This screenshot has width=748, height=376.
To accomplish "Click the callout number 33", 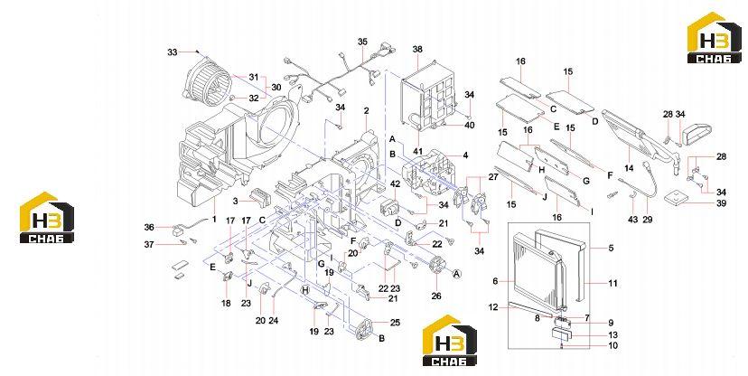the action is tap(172, 52).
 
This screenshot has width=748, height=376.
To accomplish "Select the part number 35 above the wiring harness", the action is tap(362, 42).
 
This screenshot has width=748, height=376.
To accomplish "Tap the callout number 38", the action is tap(417, 49).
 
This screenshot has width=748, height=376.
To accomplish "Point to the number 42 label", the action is tap(395, 184).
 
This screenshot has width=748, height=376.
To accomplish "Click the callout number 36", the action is tap(149, 228).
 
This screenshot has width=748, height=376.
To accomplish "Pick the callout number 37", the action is tap(149, 244).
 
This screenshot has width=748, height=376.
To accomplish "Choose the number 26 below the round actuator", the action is tap(436, 296).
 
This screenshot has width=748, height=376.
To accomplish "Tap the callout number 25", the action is tap(395, 323).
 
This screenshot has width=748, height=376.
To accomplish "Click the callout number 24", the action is tap(274, 321).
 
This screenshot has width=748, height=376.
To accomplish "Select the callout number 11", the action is tap(612, 283).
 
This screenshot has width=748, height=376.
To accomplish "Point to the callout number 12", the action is tap(492, 307).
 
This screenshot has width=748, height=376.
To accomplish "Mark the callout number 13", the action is tap(612, 335).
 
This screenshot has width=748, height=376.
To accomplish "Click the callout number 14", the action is tap(629, 168).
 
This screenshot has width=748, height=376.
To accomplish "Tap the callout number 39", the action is tap(721, 203).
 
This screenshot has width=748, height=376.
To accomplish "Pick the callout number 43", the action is tap(632, 220).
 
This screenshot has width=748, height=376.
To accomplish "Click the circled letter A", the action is tap(456, 273).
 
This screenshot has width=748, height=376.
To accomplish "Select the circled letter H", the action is tap(305, 289).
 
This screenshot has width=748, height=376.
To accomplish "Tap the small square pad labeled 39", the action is tap(674, 198).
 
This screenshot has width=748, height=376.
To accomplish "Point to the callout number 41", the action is tap(417, 152).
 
